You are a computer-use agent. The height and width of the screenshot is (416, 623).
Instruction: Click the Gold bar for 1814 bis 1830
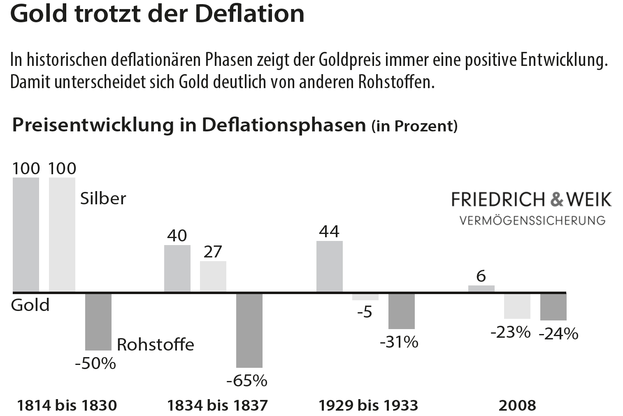coord(26,235)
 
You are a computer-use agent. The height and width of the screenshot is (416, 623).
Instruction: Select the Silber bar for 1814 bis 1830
coord(62,235)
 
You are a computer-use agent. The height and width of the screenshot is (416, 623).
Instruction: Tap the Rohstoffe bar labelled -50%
coord(98,321)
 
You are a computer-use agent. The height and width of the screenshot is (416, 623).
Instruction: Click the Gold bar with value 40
coord(177,269)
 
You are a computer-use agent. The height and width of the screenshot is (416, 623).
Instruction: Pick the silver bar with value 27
coord(213,276)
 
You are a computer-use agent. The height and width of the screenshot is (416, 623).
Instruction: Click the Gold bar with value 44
coord(330,266)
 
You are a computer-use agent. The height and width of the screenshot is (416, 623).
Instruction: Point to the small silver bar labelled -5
coord(365,297)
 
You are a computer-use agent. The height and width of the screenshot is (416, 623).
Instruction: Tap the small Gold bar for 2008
coord(481,289)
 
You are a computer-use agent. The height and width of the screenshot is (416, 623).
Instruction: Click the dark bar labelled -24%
coord(553,307)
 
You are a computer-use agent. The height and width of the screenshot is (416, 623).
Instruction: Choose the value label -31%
coord(399,342)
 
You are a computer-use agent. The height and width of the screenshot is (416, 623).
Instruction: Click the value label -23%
coord(511,332)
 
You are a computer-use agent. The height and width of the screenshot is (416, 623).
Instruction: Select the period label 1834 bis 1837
coord(217,405)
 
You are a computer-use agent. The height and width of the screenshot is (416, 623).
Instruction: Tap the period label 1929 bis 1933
coord(368,405)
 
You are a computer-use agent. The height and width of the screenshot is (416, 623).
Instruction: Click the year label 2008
coord(517,405)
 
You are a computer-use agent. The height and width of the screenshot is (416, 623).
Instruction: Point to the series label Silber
coord(103,199)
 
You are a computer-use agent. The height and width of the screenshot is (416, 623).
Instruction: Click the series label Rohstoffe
coord(156,344)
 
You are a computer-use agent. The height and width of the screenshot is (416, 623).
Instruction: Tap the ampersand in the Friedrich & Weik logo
coord(557,199)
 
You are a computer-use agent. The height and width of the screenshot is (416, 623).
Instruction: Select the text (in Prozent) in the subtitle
coord(414,126)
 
